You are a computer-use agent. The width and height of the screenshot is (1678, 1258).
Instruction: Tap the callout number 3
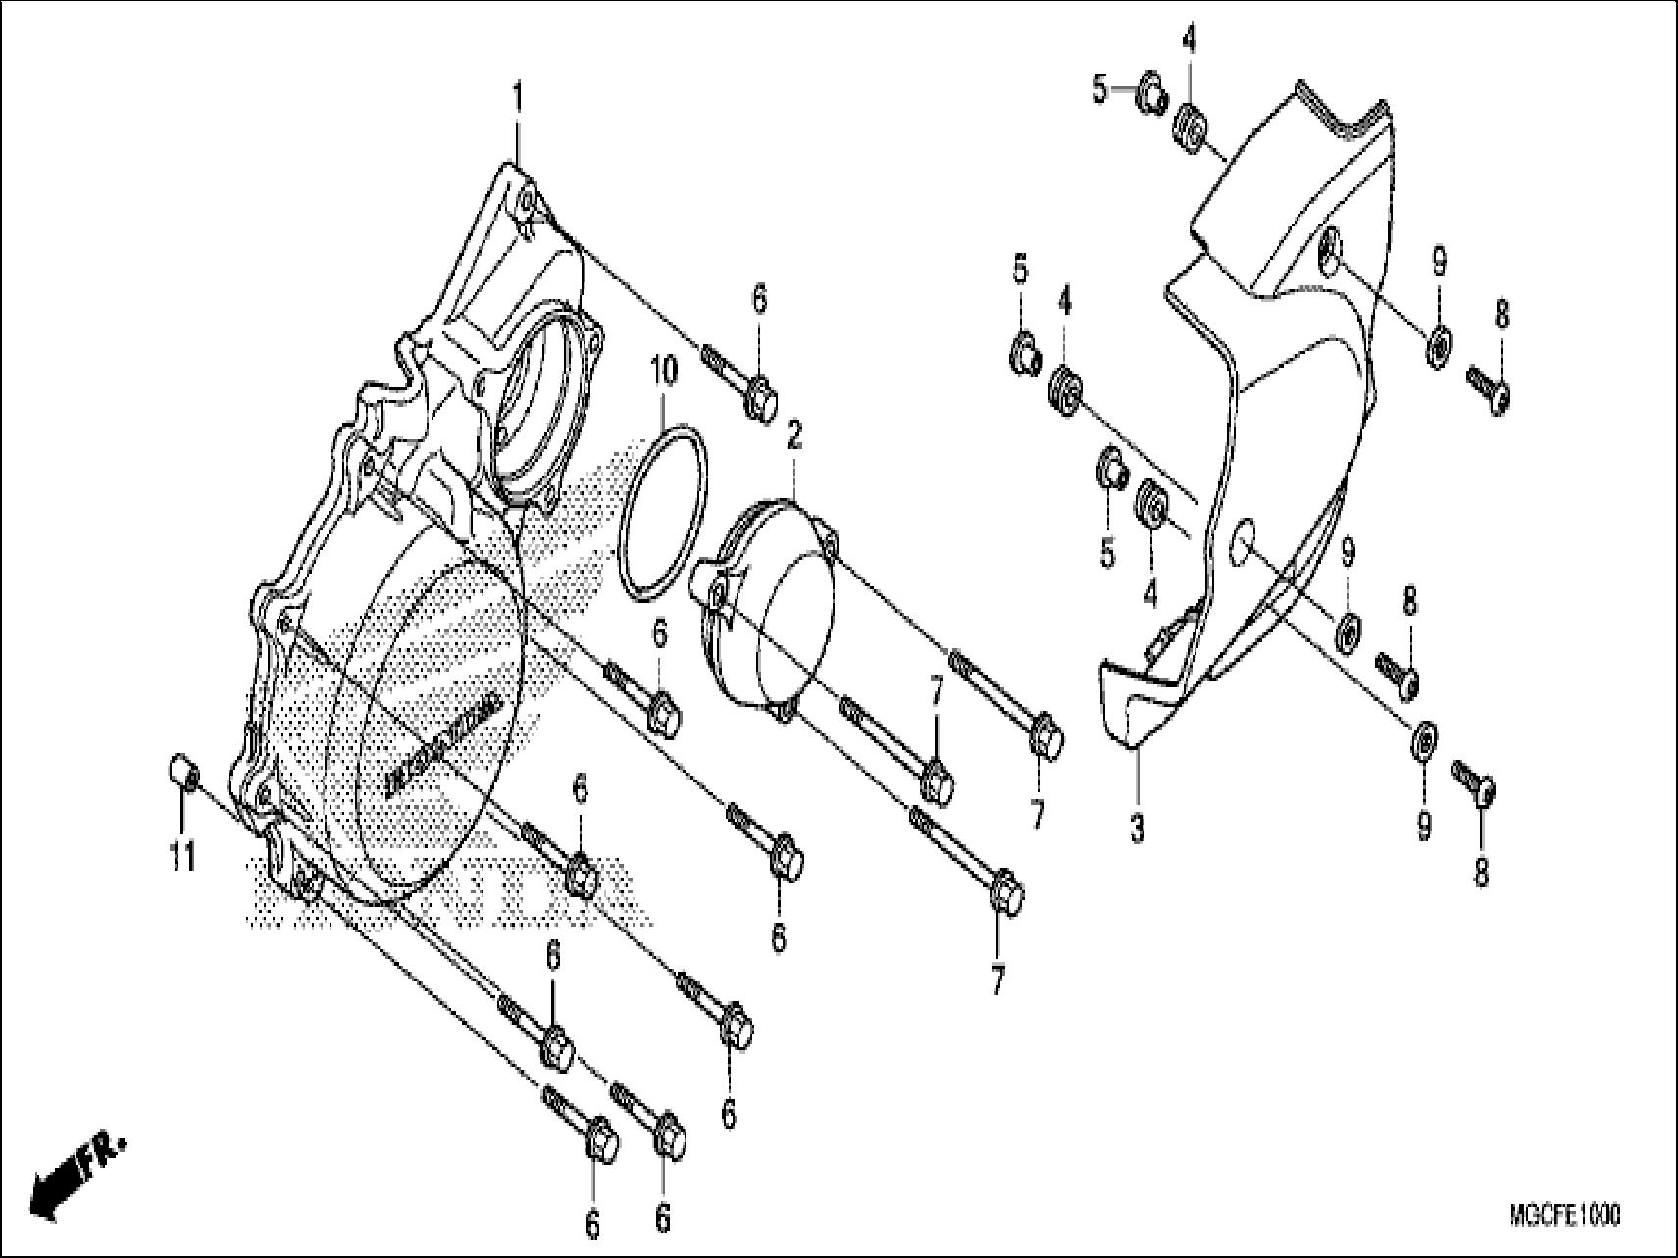[x=1137, y=830]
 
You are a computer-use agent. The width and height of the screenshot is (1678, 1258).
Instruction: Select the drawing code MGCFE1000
[x=1564, y=1217]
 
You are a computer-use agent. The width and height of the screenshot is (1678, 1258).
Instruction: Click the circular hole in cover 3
[x=1243, y=537]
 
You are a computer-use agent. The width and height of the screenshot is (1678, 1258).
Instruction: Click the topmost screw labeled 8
[x=1489, y=389]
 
